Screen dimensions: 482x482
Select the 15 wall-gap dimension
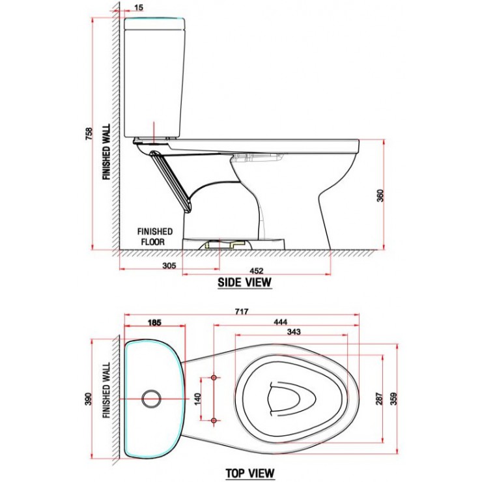pos(138,8)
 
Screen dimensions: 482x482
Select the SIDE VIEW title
pos(244,283)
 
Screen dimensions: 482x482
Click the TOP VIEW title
pos(250,473)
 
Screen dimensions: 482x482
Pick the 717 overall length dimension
pos(241,311)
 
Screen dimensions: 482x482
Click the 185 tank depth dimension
pos(154,321)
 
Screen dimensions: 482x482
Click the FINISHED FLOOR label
pos(154,236)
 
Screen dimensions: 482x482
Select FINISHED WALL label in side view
pos(106,152)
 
